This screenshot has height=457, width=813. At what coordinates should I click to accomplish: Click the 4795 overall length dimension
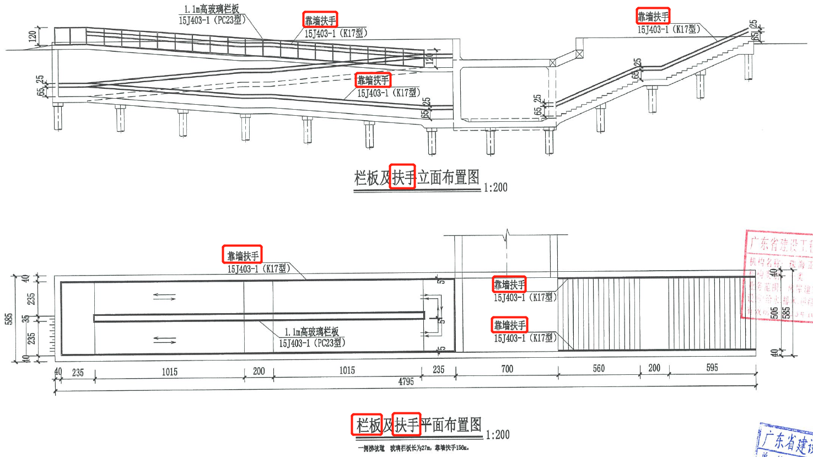pyautogui.click(x=406, y=381)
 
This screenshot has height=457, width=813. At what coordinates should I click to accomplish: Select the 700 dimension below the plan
pyautogui.click(x=507, y=369)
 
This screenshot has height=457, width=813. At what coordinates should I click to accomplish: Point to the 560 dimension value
pyautogui.click(x=599, y=368)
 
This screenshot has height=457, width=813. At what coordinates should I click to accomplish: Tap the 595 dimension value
pyautogui.click(x=712, y=368)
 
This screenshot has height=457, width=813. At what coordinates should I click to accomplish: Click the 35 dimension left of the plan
pyautogui.click(x=25, y=319)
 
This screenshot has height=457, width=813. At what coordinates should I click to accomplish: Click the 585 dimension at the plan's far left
pyautogui.click(x=9, y=319)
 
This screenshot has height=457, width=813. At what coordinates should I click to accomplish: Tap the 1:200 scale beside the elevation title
pyautogui.click(x=496, y=187)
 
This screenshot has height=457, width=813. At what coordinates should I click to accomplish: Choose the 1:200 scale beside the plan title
pyautogui.click(x=497, y=434)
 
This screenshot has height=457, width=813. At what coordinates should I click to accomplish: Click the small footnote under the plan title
pyautogui.click(x=413, y=448)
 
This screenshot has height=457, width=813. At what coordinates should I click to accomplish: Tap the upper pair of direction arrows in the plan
pyautogui.click(x=164, y=297)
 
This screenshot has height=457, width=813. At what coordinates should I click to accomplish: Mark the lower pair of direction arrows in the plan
pyautogui.click(x=164, y=340)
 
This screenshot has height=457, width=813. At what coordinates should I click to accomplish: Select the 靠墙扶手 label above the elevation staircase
pyautogui.click(x=653, y=17)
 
